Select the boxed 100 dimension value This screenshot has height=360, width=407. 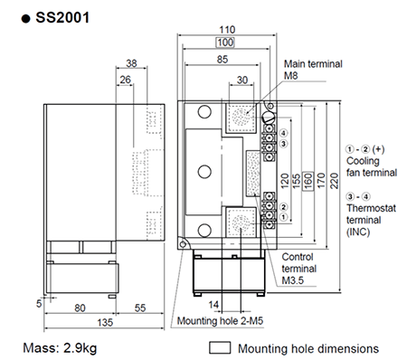tap(225, 43)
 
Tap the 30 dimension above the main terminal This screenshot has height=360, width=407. tap(241, 80)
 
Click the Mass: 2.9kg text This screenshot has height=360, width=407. tap(62, 347)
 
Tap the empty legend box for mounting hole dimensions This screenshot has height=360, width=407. tap(220, 347)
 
